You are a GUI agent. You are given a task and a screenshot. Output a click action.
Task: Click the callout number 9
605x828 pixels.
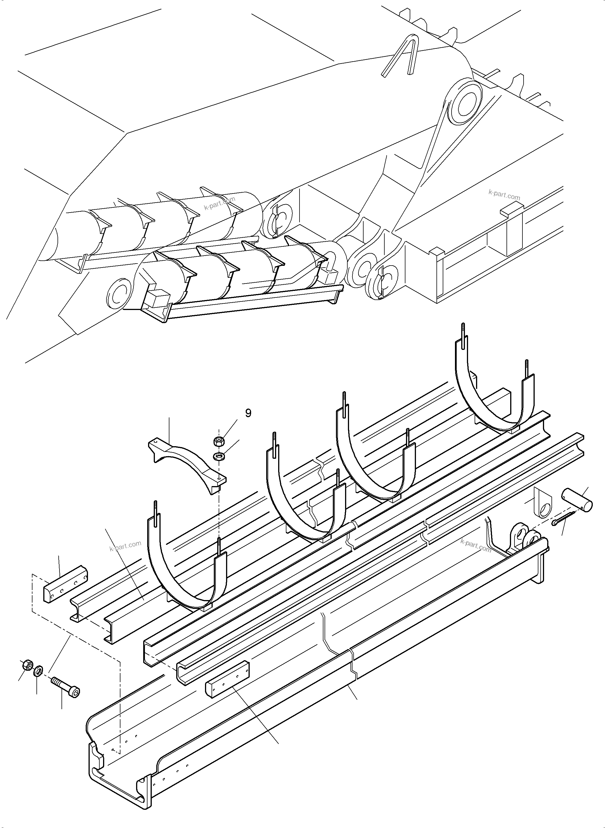(248, 413)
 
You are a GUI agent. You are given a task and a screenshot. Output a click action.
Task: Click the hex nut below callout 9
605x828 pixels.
(219, 442)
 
